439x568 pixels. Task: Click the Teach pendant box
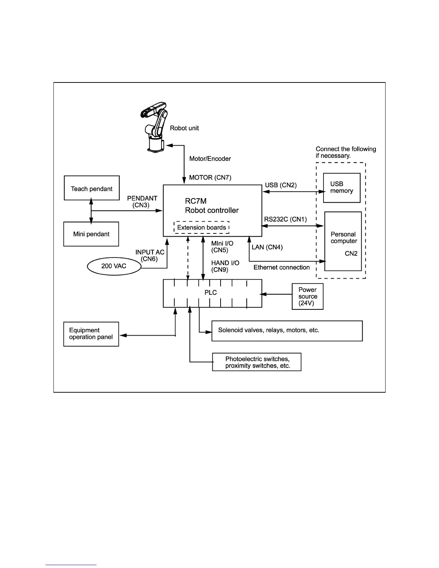91,188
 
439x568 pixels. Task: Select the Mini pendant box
91,234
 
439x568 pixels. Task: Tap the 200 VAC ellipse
114,266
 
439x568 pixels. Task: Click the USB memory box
341,188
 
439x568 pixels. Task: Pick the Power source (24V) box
308,297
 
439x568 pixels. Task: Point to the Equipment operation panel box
91,334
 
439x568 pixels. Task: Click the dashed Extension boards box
202,227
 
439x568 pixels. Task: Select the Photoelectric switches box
257,362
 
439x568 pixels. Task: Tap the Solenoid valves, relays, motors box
287,331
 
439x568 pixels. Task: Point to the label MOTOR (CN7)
210,177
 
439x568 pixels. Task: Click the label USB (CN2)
281,185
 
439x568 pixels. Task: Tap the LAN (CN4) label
267,247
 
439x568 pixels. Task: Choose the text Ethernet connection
282,267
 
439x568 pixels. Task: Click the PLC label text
211,293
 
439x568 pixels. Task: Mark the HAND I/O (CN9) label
225,266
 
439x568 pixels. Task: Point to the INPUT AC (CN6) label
150,255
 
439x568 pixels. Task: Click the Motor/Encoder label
210,158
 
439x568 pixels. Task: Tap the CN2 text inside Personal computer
351,254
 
